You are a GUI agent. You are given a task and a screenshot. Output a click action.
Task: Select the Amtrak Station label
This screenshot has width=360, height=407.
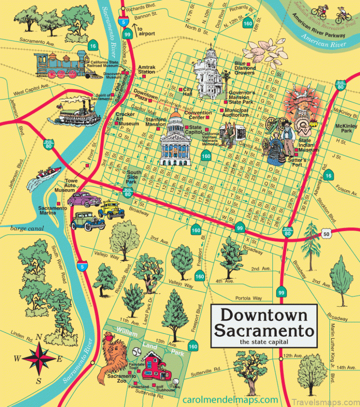click(146, 69)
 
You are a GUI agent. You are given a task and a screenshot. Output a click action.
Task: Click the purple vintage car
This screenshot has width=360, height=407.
click(84, 199)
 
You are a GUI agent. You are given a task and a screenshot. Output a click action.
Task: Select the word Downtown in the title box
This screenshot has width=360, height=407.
click(264, 316)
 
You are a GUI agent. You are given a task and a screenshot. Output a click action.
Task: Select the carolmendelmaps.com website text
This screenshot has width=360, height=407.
click(230, 399)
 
